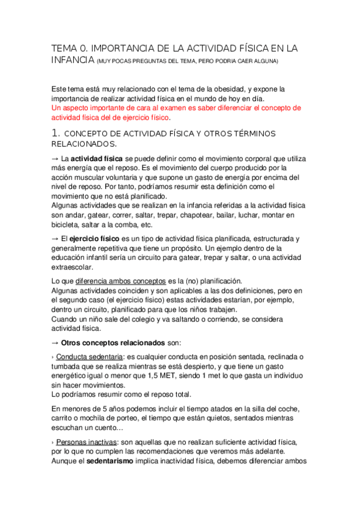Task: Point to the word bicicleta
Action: (67, 225)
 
